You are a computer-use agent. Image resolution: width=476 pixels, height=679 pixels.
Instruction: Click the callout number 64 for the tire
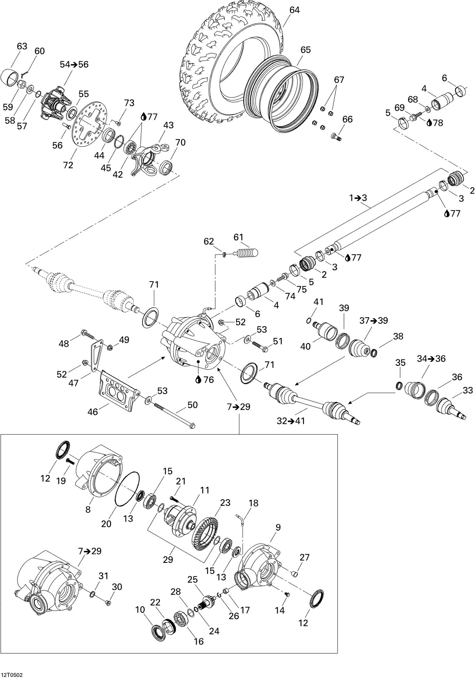pyautogui.click(x=294, y=10)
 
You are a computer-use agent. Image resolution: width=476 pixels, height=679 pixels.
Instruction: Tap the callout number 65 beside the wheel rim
pyautogui.click(x=305, y=50)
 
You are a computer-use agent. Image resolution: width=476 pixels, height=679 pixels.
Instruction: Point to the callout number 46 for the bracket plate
pyautogui.click(x=93, y=412)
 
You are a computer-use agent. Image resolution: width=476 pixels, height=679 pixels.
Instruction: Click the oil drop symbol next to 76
pyautogui.click(x=198, y=379)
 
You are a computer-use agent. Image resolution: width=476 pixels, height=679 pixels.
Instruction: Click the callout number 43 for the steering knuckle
pyautogui.click(x=169, y=125)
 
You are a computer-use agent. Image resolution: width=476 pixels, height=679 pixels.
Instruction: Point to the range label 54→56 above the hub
pyautogui.click(x=74, y=64)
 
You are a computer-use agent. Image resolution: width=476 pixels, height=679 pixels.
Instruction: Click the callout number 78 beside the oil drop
pyautogui.click(x=438, y=123)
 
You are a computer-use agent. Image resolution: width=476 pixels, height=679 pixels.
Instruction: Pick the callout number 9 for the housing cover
pyautogui.click(x=278, y=527)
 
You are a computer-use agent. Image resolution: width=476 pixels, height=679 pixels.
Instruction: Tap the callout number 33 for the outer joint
pyautogui.click(x=468, y=390)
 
